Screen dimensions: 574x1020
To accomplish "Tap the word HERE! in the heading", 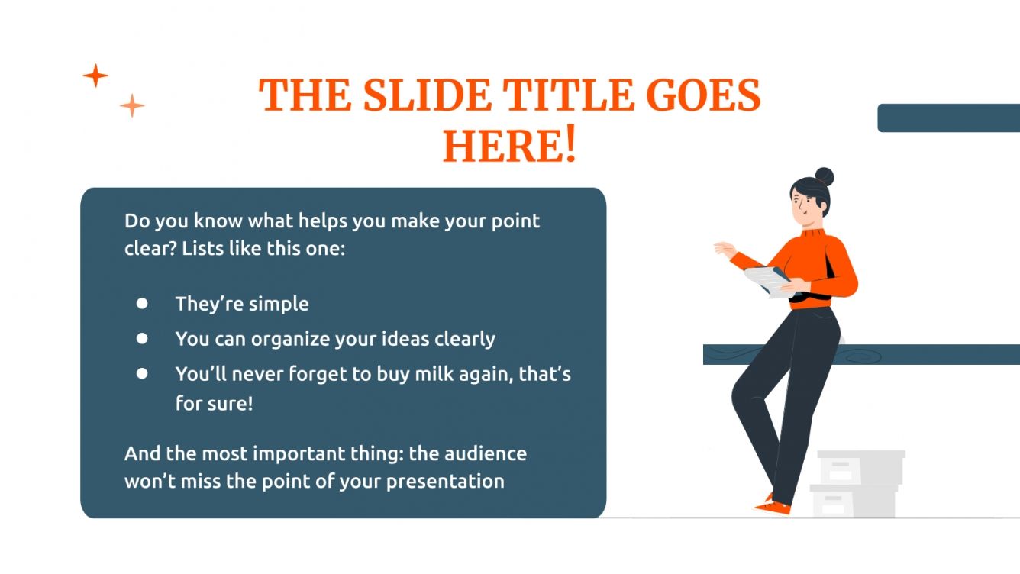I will pyautogui.click(x=509, y=145).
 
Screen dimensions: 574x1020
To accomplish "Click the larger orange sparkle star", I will pyautogui.click(x=95, y=76).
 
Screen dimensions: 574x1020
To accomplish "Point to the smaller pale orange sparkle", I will pyautogui.click(x=132, y=105).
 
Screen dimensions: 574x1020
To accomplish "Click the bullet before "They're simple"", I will pyautogui.click(x=142, y=303).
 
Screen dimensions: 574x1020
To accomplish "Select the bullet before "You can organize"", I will pyautogui.click(x=142, y=338).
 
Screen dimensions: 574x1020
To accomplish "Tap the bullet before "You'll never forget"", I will pyautogui.click(x=142, y=374).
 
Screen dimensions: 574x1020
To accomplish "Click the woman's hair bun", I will pyautogui.click(x=824, y=177).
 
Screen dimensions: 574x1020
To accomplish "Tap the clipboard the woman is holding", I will pyautogui.click(x=767, y=281).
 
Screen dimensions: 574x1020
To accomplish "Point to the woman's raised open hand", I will pyautogui.click(x=723, y=249).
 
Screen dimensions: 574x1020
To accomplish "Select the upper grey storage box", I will pyautogui.click(x=860, y=466).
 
